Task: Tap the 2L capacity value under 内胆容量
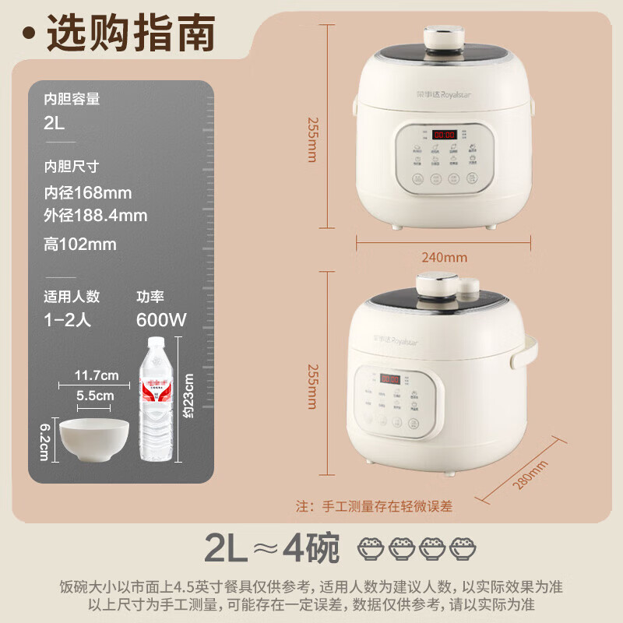point(55,121)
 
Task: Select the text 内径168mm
point(87,192)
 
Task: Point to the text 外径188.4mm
point(95,215)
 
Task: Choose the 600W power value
point(161,319)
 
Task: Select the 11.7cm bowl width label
point(96,375)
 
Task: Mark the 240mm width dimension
point(444,256)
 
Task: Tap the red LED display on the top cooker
point(444,134)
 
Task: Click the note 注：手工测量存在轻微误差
point(374,505)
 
